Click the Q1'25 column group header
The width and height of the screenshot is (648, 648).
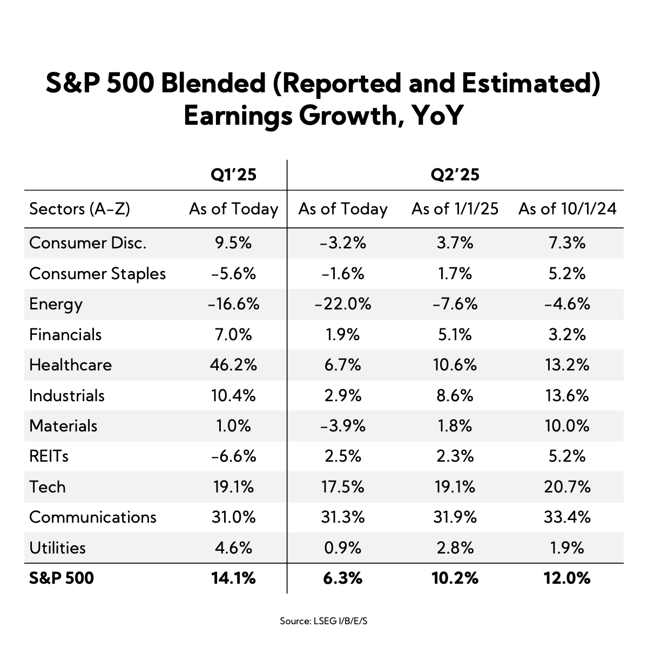click(x=233, y=175)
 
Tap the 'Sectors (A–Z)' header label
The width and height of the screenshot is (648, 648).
click(x=79, y=209)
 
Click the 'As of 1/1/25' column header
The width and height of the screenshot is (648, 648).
click(x=455, y=209)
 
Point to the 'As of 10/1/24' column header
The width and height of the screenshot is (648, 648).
click(x=567, y=209)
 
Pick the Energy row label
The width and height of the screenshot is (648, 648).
click(x=56, y=304)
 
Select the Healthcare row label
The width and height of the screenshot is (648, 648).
click(x=70, y=365)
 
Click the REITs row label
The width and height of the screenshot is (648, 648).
click(x=49, y=456)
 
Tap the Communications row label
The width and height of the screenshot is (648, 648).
click(x=92, y=517)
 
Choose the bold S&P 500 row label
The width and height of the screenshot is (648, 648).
click(x=61, y=578)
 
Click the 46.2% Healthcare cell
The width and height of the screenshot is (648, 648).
click(x=233, y=365)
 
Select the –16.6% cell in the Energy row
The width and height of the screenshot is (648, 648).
click(x=233, y=304)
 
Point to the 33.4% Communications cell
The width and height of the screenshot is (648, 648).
click(x=567, y=517)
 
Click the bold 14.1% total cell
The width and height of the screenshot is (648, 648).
click(x=233, y=578)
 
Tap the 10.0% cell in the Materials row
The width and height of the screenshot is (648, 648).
click(x=567, y=426)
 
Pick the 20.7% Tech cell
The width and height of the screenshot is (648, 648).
click(x=567, y=487)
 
